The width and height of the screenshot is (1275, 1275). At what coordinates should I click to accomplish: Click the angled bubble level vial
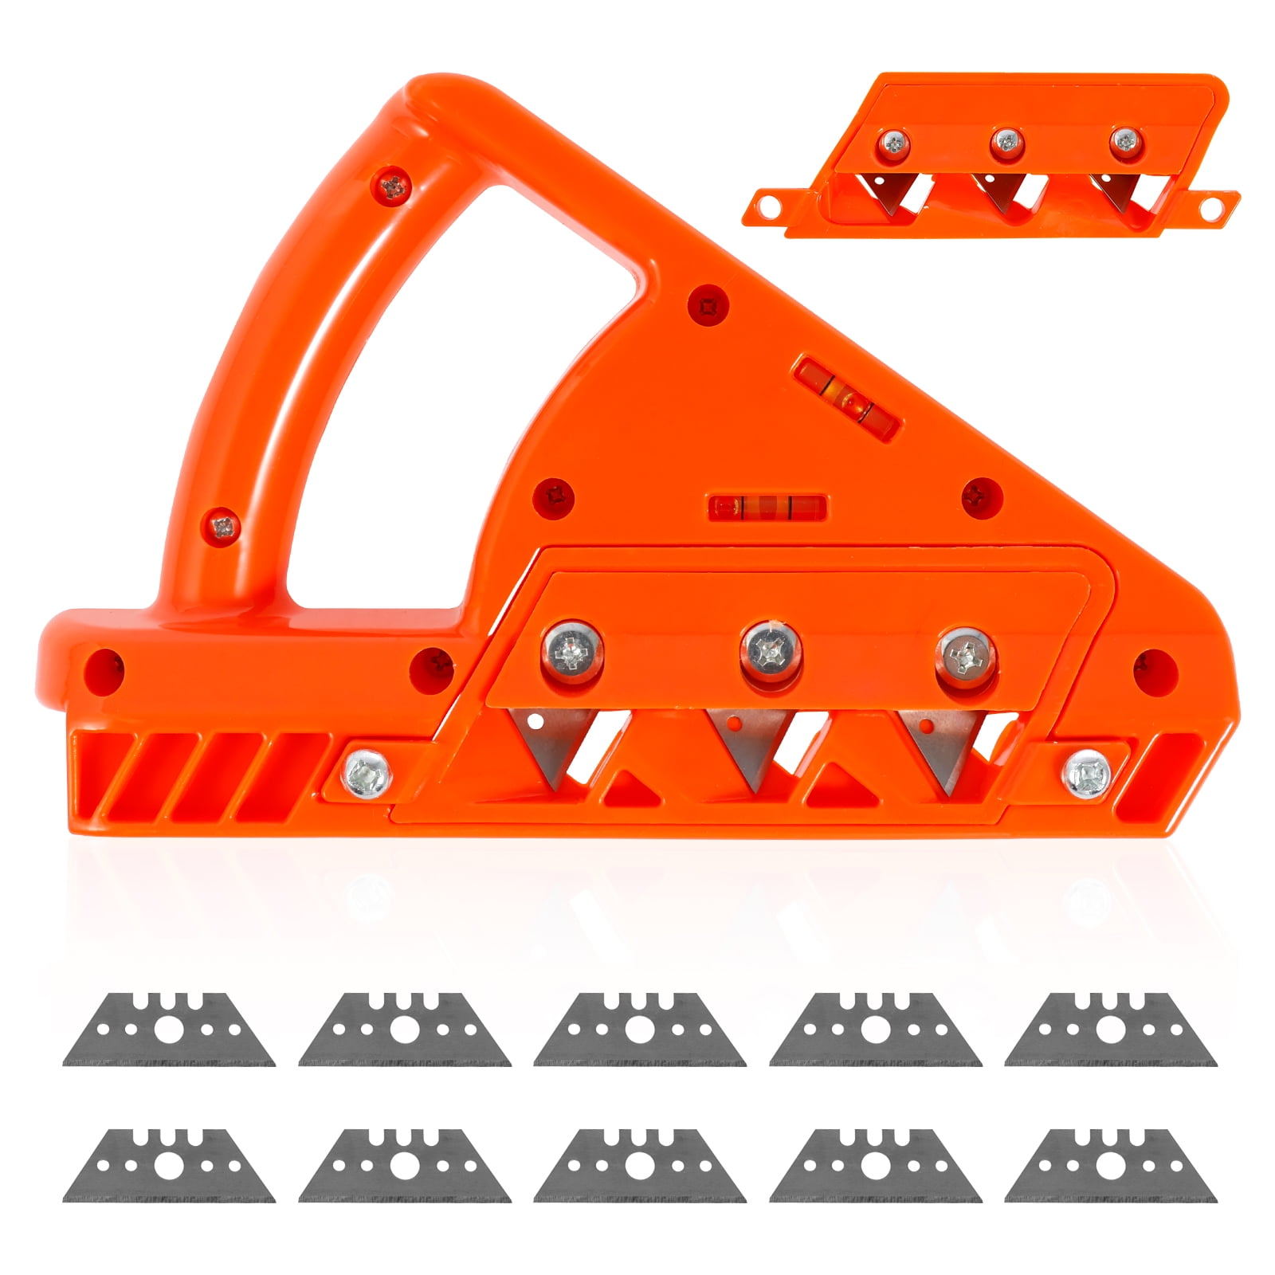click(849, 396)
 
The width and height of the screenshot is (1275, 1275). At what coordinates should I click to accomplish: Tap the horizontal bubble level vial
click(766, 507)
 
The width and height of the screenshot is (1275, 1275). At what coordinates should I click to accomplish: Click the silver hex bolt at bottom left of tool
click(366, 771)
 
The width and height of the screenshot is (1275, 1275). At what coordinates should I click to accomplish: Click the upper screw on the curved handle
click(392, 187)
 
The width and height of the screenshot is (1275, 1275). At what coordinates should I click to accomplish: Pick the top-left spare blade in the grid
click(169, 1030)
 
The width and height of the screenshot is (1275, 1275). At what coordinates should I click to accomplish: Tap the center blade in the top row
click(639, 1030)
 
